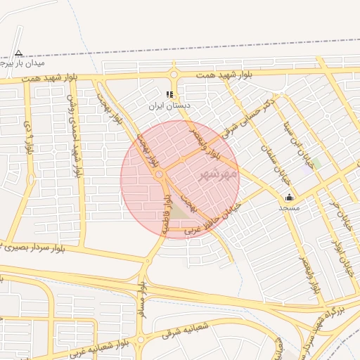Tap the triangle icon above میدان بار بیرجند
[18, 53]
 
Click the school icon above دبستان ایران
[169, 94]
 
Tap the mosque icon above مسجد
[289, 198]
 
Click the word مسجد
[289, 208]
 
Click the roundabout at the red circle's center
[160, 174]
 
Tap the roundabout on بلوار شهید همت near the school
[174, 74]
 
